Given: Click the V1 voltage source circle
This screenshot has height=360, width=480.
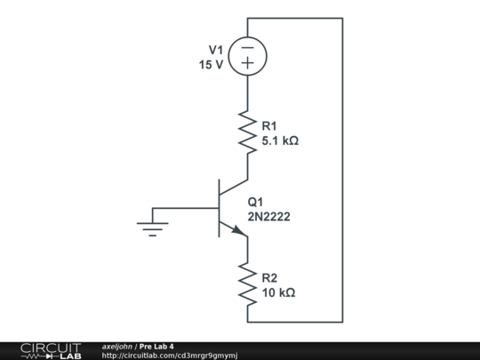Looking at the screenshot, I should point(248,56).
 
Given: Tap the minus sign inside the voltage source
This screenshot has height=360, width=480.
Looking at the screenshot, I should point(248,48).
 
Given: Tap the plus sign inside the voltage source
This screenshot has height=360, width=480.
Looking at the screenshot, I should point(248,64).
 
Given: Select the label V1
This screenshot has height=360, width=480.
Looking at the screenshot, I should point(216,50).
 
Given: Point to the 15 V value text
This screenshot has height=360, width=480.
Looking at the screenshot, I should point(212,65).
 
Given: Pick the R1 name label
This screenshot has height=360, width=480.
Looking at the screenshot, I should point(269,126).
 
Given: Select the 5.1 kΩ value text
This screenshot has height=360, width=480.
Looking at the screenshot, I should point(280,140).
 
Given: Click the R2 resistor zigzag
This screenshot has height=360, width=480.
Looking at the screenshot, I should point(248,283).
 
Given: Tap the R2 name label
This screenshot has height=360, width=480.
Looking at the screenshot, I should point(269,277).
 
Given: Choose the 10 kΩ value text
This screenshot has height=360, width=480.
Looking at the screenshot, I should point(278,292).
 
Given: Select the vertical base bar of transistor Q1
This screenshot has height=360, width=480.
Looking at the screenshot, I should point(219,209).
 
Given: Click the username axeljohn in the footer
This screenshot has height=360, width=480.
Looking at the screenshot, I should point(117,346).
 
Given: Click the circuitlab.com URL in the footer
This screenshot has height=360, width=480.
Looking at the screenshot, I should point(169,355).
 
